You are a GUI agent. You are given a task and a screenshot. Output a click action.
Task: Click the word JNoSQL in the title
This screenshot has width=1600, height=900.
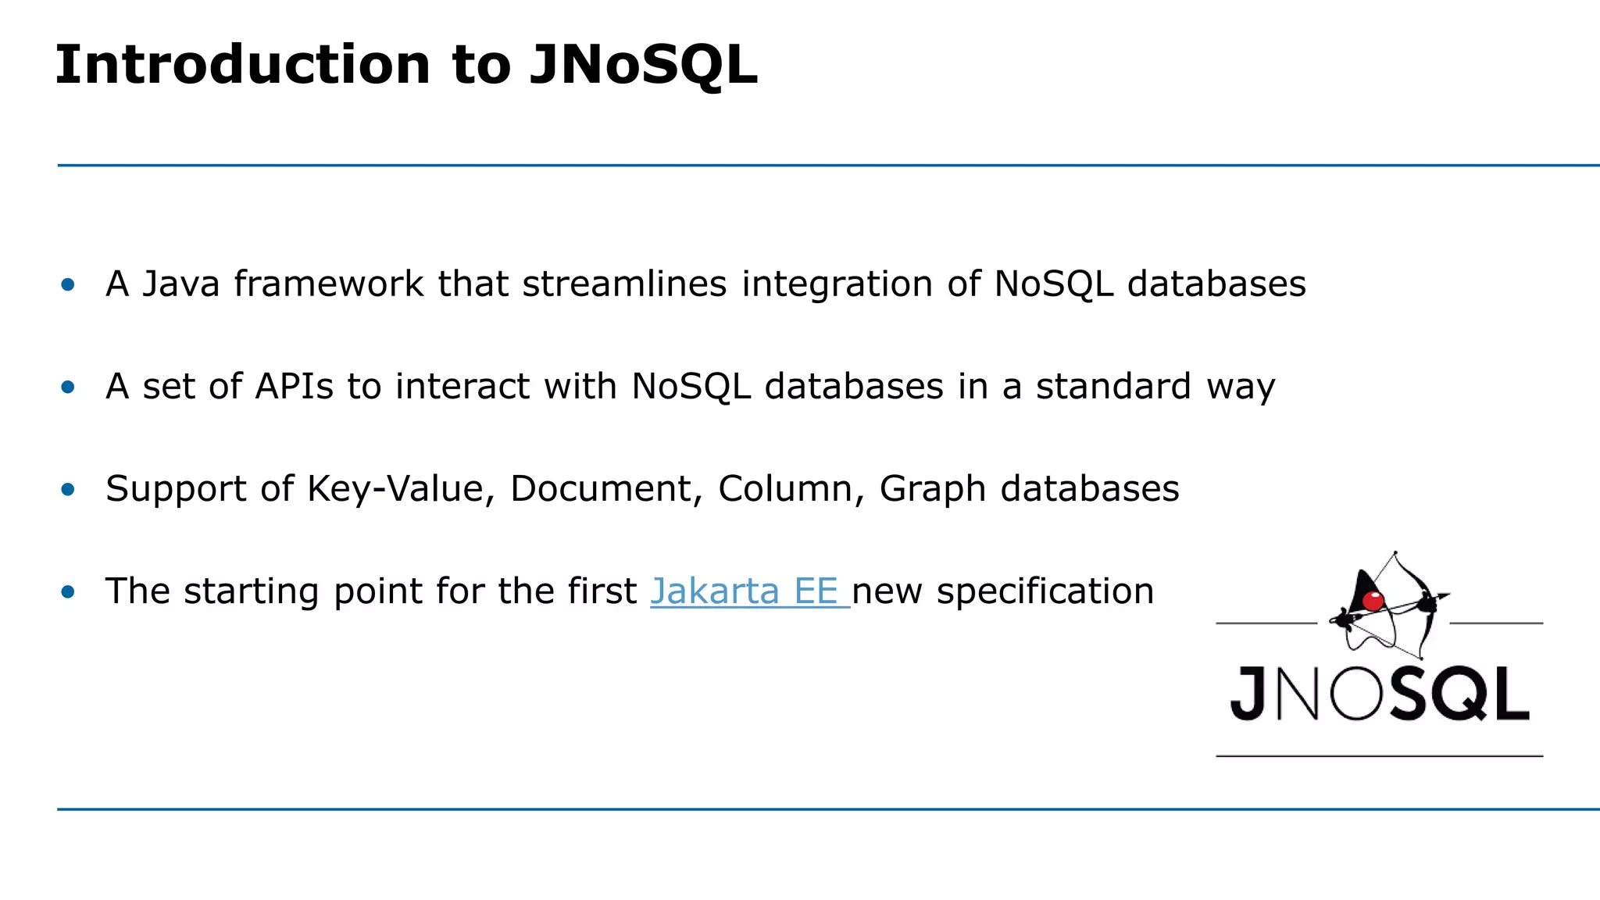tap(643, 64)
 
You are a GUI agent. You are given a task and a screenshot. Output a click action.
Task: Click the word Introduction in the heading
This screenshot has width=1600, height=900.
tap(243, 64)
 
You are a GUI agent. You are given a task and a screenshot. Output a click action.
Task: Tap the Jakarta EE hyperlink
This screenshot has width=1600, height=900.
tap(749, 591)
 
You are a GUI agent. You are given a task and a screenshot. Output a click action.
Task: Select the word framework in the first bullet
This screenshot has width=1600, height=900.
tap(328, 284)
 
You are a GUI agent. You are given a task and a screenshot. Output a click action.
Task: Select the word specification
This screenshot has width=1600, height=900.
tap(1045, 592)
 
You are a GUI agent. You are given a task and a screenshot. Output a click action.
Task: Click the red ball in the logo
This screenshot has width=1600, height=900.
tap(1373, 601)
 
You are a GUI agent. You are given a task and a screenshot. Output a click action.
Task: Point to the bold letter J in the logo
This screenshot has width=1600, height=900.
tap(1248, 694)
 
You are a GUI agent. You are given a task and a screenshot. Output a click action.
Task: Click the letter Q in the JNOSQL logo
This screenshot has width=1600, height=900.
tap(1460, 694)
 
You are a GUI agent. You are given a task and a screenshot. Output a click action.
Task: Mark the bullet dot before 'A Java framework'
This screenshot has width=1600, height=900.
tap(68, 284)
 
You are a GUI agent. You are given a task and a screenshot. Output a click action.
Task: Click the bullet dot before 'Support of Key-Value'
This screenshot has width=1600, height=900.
tap(68, 490)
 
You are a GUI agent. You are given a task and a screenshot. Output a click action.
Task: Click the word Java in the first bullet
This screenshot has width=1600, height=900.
tap(181, 284)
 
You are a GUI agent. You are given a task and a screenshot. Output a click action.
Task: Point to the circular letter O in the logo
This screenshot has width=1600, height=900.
tap(1357, 694)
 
